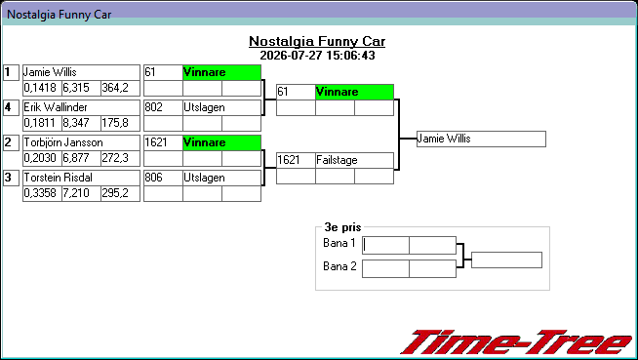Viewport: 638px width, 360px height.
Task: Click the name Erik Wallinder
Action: (56, 107)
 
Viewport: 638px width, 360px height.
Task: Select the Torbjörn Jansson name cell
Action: (81, 142)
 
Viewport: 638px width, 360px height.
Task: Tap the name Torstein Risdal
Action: (58, 178)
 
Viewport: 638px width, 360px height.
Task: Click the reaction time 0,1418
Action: (40, 88)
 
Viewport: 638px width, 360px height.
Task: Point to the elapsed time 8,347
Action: (76, 123)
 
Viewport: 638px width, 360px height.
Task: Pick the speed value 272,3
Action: (115, 158)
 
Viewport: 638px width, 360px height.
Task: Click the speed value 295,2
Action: (115, 193)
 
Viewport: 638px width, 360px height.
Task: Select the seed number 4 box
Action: (11, 107)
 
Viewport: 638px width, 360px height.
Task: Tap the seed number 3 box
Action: (11, 178)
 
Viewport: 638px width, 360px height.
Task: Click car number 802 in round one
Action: (154, 107)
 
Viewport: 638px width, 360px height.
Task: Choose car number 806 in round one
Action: (154, 178)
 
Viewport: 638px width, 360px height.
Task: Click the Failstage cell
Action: (354, 160)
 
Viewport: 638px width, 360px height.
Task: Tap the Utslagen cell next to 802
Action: (221, 107)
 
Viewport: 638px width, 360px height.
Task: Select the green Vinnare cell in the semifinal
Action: (354, 92)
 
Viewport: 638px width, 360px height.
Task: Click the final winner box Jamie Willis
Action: (481, 140)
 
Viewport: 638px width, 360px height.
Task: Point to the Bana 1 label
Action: (339, 243)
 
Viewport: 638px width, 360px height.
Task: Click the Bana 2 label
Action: (339, 266)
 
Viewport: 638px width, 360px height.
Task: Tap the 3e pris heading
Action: (342, 227)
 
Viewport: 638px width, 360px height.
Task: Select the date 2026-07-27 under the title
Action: (289, 56)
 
